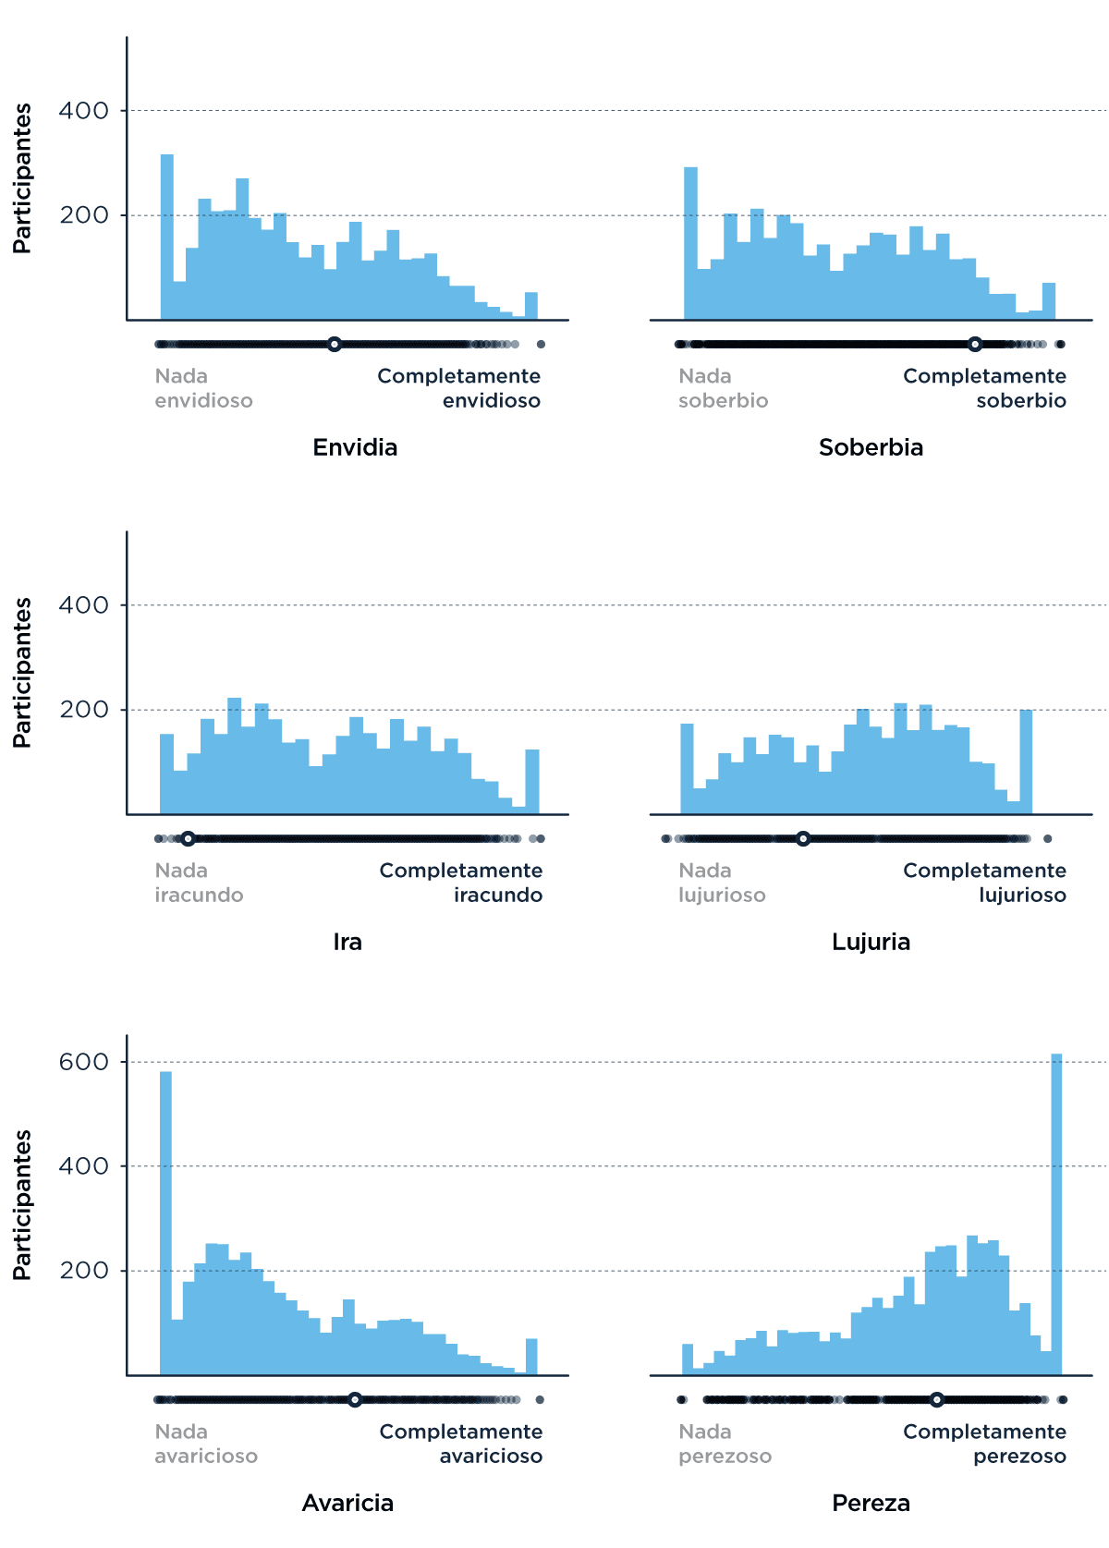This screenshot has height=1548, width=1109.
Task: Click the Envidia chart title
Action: (x=355, y=447)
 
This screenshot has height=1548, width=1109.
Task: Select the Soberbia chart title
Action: (x=871, y=447)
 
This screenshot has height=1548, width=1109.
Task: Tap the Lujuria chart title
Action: (x=871, y=942)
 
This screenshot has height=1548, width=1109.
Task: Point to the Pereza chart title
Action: (x=871, y=1503)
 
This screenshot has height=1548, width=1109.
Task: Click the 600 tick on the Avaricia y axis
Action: (x=84, y=1062)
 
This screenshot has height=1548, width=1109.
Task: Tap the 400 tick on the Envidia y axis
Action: (x=84, y=111)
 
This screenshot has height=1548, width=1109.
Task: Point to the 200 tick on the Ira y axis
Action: (x=84, y=710)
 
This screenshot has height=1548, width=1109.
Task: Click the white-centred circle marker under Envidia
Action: (x=335, y=345)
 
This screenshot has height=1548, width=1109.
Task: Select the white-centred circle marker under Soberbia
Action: (x=975, y=345)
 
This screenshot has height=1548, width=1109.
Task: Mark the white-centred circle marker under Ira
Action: (x=188, y=839)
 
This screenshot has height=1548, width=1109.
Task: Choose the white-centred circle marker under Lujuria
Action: (x=803, y=839)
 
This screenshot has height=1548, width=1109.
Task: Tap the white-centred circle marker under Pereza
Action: (x=936, y=1400)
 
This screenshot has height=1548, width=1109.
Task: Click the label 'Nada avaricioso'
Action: (x=206, y=1444)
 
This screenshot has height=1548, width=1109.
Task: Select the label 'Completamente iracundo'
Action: (x=461, y=883)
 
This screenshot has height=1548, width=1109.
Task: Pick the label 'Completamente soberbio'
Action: (x=984, y=388)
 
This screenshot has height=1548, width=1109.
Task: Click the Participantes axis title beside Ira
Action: (x=22, y=672)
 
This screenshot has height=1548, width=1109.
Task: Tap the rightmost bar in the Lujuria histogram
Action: (x=1026, y=763)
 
